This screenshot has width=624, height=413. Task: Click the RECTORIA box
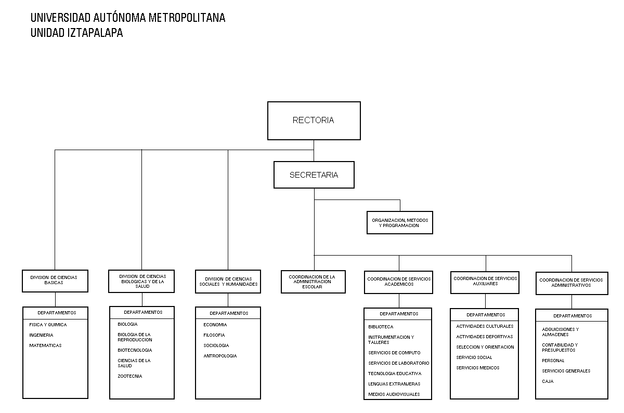tap(314, 121)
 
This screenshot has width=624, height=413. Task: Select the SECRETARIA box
tap(314, 175)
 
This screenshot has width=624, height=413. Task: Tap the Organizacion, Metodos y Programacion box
tap(400, 223)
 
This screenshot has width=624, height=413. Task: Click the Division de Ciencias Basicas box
tap(55, 281)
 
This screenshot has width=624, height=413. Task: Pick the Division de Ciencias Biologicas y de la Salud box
tap(141, 281)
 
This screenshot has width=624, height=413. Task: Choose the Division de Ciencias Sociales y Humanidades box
tap(228, 282)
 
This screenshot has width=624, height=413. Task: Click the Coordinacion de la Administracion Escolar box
tap(313, 282)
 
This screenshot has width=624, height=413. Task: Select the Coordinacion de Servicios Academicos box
tap(399, 282)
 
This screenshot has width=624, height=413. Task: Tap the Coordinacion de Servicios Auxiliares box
tap(485, 283)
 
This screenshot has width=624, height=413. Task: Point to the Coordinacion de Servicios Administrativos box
tap(572, 283)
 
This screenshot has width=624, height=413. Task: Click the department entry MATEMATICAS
tap(45, 345)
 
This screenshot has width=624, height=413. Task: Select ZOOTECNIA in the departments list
tap(130, 376)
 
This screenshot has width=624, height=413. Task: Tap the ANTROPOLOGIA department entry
tap(220, 356)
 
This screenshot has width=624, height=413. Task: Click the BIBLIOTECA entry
tap(381, 327)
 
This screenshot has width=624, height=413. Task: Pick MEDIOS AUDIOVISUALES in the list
tap(394, 394)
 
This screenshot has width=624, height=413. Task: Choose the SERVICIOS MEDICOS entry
tap(478, 368)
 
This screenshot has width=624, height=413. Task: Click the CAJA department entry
tap(548, 381)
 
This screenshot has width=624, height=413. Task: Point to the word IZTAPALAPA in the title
tap(95, 33)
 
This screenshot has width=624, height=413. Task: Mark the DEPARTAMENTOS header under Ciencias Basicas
tap(57, 313)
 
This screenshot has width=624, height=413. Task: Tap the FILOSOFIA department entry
tap(214, 335)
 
